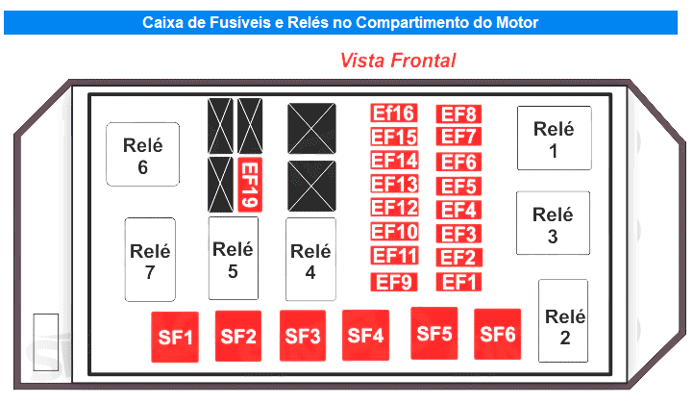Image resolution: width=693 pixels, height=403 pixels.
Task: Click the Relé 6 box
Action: click(143, 155)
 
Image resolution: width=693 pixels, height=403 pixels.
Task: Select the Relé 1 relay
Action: click(554, 139)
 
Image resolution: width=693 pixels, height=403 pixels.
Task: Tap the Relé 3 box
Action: click(553, 224)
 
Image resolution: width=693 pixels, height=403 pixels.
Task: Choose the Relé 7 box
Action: click(150, 260)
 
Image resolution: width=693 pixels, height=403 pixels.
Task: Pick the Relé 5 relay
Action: click(233, 259)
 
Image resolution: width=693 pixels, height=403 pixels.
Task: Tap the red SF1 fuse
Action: click(175, 338)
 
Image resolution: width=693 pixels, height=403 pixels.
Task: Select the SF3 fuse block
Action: click(303, 336)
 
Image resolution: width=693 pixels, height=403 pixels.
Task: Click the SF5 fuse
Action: click(434, 333)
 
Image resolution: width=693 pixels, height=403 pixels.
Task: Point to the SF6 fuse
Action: click(498, 335)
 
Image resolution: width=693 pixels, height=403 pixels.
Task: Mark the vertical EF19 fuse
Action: click(249, 184)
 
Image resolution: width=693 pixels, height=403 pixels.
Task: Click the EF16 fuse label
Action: click(394, 113)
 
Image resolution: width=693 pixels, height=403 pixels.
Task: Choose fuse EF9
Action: click(394, 282)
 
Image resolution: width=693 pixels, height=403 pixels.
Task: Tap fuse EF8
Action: click(458, 113)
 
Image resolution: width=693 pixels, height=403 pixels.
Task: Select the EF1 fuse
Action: click(458, 282)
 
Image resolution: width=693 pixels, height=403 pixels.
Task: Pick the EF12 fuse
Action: click(394, 208)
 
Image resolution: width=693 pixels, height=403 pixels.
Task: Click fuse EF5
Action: click(458, 185)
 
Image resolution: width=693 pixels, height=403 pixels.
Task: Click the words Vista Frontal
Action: click(397, 60)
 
